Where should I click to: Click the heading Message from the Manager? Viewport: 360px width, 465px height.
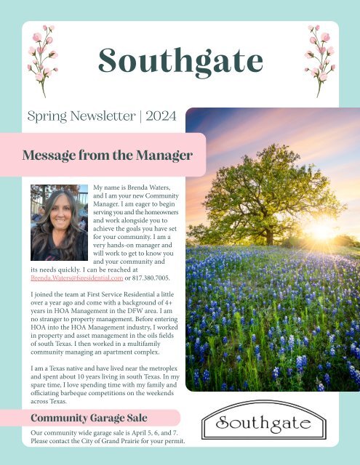tap(107, 155)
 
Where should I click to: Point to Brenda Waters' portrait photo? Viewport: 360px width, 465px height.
tap(60, 225)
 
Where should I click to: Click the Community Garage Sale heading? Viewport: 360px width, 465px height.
tap(89, 418)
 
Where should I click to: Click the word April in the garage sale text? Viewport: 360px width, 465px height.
tap(140, 433)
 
